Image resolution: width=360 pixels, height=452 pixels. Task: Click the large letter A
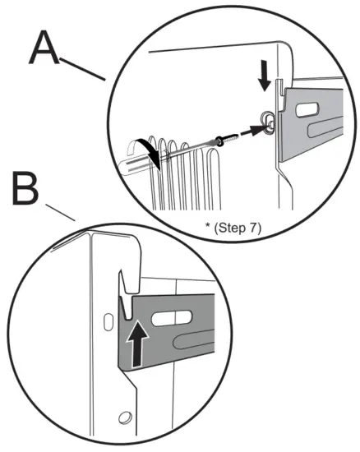coord(44,48)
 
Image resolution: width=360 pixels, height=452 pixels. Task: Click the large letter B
coord(25,188)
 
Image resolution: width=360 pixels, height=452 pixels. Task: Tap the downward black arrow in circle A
coord(265,75)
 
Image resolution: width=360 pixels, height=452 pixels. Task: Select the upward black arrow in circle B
coord(138,344)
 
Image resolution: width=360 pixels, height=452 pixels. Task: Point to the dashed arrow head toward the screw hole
coord(257,130)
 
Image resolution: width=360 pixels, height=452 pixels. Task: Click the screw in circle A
coord(228,139)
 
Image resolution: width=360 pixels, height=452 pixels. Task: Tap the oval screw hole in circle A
coord(268,122)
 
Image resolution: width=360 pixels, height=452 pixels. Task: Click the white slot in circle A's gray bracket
coord(307,110)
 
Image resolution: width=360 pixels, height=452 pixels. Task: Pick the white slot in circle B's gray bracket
coord(172,318)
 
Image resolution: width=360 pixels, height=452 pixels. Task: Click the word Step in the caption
coord(233,228)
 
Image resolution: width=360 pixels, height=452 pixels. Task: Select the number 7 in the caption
coord(252,228)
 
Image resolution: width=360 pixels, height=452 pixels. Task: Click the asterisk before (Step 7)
coord(207,225)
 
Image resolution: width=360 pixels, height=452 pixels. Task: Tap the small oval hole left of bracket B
coord(108,322)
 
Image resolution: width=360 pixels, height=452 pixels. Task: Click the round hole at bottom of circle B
coord(126,417)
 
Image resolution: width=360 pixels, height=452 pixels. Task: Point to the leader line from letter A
coord(83,69)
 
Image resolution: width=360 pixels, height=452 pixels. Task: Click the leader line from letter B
coord(61,213)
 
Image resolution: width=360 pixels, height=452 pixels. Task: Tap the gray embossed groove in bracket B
coord(194,341)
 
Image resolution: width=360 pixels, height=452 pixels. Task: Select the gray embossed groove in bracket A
coord(325,127)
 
